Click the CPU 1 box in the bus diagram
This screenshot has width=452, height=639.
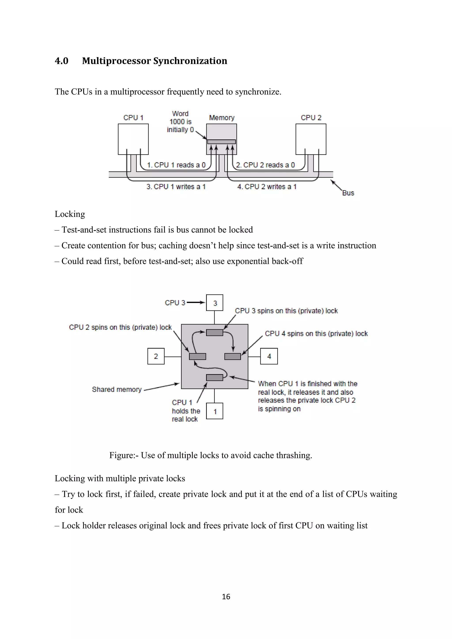pyautogui.click(x=133, y=139)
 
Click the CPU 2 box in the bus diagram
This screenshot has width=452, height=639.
pyautogui.click(x=311, y=139)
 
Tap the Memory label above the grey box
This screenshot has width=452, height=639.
pyautogui.click(x=222, y=118)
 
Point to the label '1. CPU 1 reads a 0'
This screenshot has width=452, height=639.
pyautogui.click(x=176, y=165)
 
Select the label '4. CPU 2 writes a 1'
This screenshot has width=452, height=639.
pyautogui.click(x=267, y=187)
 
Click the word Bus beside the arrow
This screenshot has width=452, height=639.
pyautogui.click(x=348, y=193)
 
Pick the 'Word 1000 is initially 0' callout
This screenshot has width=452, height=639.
pyautogui.click(x=180, y=122)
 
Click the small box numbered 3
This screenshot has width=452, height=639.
pyautogui.click(x=215, y=303)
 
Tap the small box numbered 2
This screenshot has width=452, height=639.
pyautogui.click(x=156, y=356)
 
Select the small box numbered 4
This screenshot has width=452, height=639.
pyautogui.click(x=269, y=356)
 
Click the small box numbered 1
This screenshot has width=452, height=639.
pyautogui.click(x=215, y=411)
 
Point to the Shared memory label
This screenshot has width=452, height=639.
pyautogui.click(x=117, y=389)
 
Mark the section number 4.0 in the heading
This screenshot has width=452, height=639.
pyautogui.click(x=62, y=61)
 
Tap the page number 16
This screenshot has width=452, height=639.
pyautogui.click(x=226, y=596)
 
